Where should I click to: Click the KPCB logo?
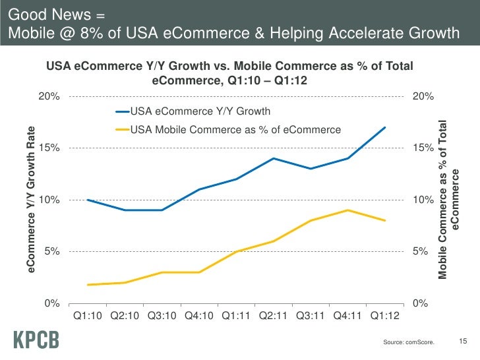coord(36,340)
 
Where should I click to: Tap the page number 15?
coord(462,341)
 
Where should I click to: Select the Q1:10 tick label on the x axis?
coord(87,317)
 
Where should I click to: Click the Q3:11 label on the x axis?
coord(310,317)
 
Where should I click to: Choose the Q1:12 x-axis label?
coord(384,317)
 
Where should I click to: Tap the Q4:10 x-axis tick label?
coord(198,317)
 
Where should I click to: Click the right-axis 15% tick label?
coord(423,148)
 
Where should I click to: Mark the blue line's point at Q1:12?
coord(384,127)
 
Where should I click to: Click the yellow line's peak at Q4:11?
coord(347,210)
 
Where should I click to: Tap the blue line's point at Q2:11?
coord(273,158)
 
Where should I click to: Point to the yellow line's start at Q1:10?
coord(87,285)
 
